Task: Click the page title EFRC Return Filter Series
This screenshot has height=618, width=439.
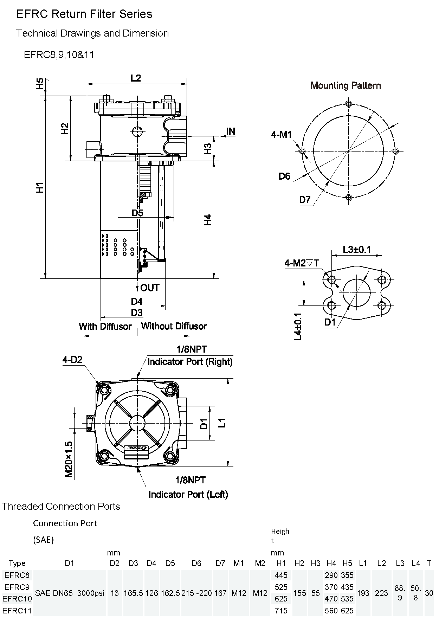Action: pos(84,14)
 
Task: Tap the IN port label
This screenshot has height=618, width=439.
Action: pos(231,131)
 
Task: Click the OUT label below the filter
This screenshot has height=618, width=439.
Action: pos(150,288)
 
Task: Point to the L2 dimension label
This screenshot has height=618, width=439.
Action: pos(136,78)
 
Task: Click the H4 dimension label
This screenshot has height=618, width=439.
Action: pos(208,220)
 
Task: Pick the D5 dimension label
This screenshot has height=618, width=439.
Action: pos(137,213)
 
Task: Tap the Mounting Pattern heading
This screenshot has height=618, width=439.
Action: pos(346,85)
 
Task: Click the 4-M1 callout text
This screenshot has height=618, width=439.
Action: pos(281,134)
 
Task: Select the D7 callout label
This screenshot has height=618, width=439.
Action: pos(305,200)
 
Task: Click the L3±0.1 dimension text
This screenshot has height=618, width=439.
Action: pos(357,250)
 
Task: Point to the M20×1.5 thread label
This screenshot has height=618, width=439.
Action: pos(69,459)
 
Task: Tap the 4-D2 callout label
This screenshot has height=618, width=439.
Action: pos(72,360)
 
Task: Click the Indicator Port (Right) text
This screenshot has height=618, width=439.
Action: pos(190,362)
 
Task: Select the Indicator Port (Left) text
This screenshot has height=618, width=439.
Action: pos(188,494)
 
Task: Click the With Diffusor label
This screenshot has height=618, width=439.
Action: pos(105,326)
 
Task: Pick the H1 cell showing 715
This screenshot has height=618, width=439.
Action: pos(281,611)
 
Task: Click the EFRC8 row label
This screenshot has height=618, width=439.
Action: pos(17,575)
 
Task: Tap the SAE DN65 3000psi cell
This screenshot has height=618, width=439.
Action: pos(70,593)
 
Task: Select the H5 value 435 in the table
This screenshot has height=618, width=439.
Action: pos(347,587)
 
